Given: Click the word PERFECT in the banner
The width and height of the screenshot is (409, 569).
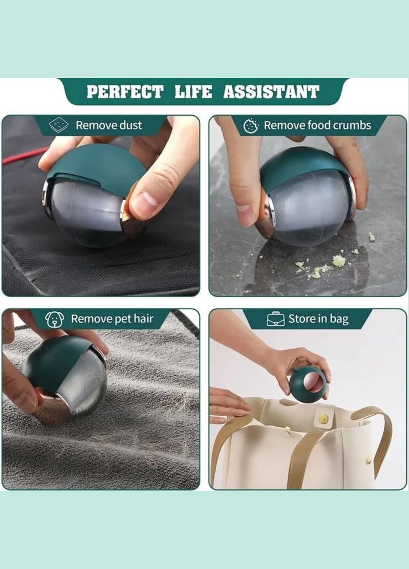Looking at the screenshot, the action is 125,92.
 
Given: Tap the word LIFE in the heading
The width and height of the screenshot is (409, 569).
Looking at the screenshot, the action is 193,92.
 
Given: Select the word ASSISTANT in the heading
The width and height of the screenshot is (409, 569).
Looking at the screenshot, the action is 271,92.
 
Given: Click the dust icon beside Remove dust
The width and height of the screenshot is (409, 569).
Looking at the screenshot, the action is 59,125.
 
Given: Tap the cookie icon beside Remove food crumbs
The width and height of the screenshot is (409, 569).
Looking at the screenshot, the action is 251,126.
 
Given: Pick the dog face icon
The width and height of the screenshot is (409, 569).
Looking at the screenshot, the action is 54,319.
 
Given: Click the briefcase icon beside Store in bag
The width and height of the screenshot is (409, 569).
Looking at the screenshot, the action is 276,319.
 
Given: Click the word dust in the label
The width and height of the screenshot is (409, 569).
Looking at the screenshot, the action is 131,125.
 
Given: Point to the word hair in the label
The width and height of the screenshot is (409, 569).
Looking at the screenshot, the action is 143,318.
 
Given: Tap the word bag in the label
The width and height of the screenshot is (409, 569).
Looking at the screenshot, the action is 339,319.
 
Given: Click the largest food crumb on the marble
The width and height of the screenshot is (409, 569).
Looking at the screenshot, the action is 338,260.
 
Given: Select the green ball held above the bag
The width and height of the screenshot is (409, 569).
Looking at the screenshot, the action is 307,384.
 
